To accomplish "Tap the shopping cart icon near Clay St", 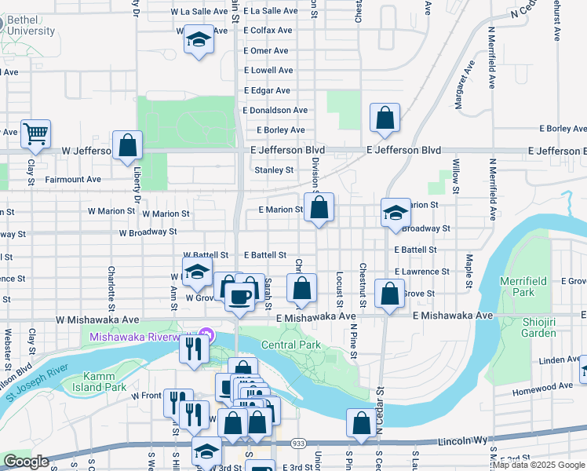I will (35, 135).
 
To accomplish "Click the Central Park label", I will (290, 345).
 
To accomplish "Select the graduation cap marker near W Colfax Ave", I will (199, 40).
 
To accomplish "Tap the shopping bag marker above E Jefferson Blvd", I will (385, 119).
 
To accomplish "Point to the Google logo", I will (26, 462).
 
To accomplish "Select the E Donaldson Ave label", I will (276, 111).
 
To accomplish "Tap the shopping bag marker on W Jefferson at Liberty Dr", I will (127, 146).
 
